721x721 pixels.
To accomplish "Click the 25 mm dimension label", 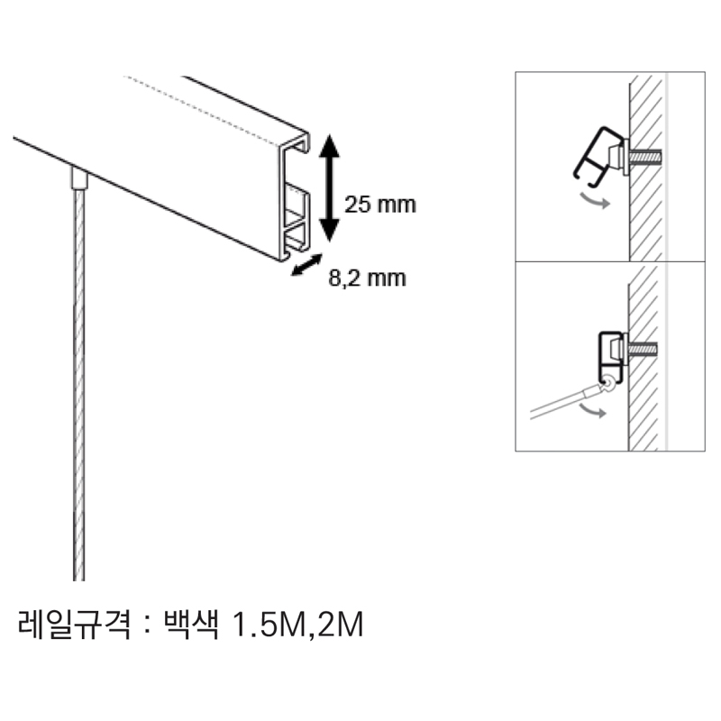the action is [x=379, y=205].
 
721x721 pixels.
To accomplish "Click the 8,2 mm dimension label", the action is [x=367, y=278].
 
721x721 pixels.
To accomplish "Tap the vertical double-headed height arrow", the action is [x=329, y=187].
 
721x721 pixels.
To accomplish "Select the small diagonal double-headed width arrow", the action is [x=306, y=265].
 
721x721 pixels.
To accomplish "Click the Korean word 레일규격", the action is [x=75, y=624].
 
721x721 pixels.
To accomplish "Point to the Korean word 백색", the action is [x=191, y=624].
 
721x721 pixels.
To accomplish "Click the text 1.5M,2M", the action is [x=298, y=625].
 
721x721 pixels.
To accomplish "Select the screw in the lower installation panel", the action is [x=642, y=350].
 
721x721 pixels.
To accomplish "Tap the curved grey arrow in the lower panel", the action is [x=592, y=411].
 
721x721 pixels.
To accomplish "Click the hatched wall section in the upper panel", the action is [x=645, y=168].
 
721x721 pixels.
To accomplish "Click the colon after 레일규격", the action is [x=147, y=625].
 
